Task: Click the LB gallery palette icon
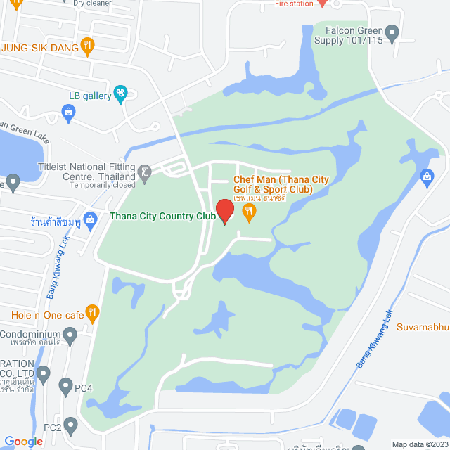click(120, 93)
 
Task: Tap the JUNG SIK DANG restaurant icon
click(87, 47)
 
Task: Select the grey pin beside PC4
click(65, 386)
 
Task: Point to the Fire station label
click(293, 4)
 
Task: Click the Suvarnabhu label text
click(421, 326)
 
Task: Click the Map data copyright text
click(419, 444)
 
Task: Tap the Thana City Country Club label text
click(162, 217)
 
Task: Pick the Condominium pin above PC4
click(71, 340)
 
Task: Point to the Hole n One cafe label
click(47, 315)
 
